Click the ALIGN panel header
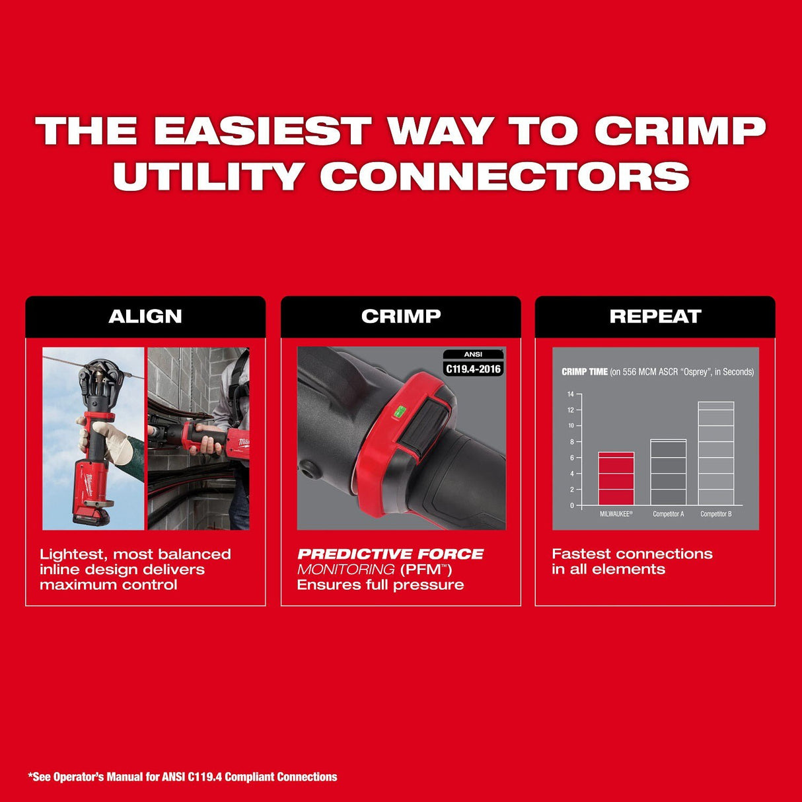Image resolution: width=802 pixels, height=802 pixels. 145,316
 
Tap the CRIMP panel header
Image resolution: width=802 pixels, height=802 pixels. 400,316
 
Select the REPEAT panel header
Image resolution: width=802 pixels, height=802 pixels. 655,316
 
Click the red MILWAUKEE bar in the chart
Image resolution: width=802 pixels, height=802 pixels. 616,479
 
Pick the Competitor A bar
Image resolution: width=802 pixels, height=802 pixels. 668,472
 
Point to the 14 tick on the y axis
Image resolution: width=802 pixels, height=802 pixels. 571,394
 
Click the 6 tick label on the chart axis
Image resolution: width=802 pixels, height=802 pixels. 571,458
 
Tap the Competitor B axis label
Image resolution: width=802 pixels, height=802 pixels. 715,514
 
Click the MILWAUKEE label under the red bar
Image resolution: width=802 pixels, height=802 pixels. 616,514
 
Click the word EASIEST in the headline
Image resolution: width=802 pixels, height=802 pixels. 262,130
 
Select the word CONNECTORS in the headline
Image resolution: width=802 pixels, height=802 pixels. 505,176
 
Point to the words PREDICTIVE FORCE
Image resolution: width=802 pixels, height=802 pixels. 390,554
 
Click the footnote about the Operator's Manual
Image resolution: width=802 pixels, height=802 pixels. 182,777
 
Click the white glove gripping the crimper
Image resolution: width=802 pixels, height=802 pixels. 116,441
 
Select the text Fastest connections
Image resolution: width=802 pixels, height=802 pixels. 632,554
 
